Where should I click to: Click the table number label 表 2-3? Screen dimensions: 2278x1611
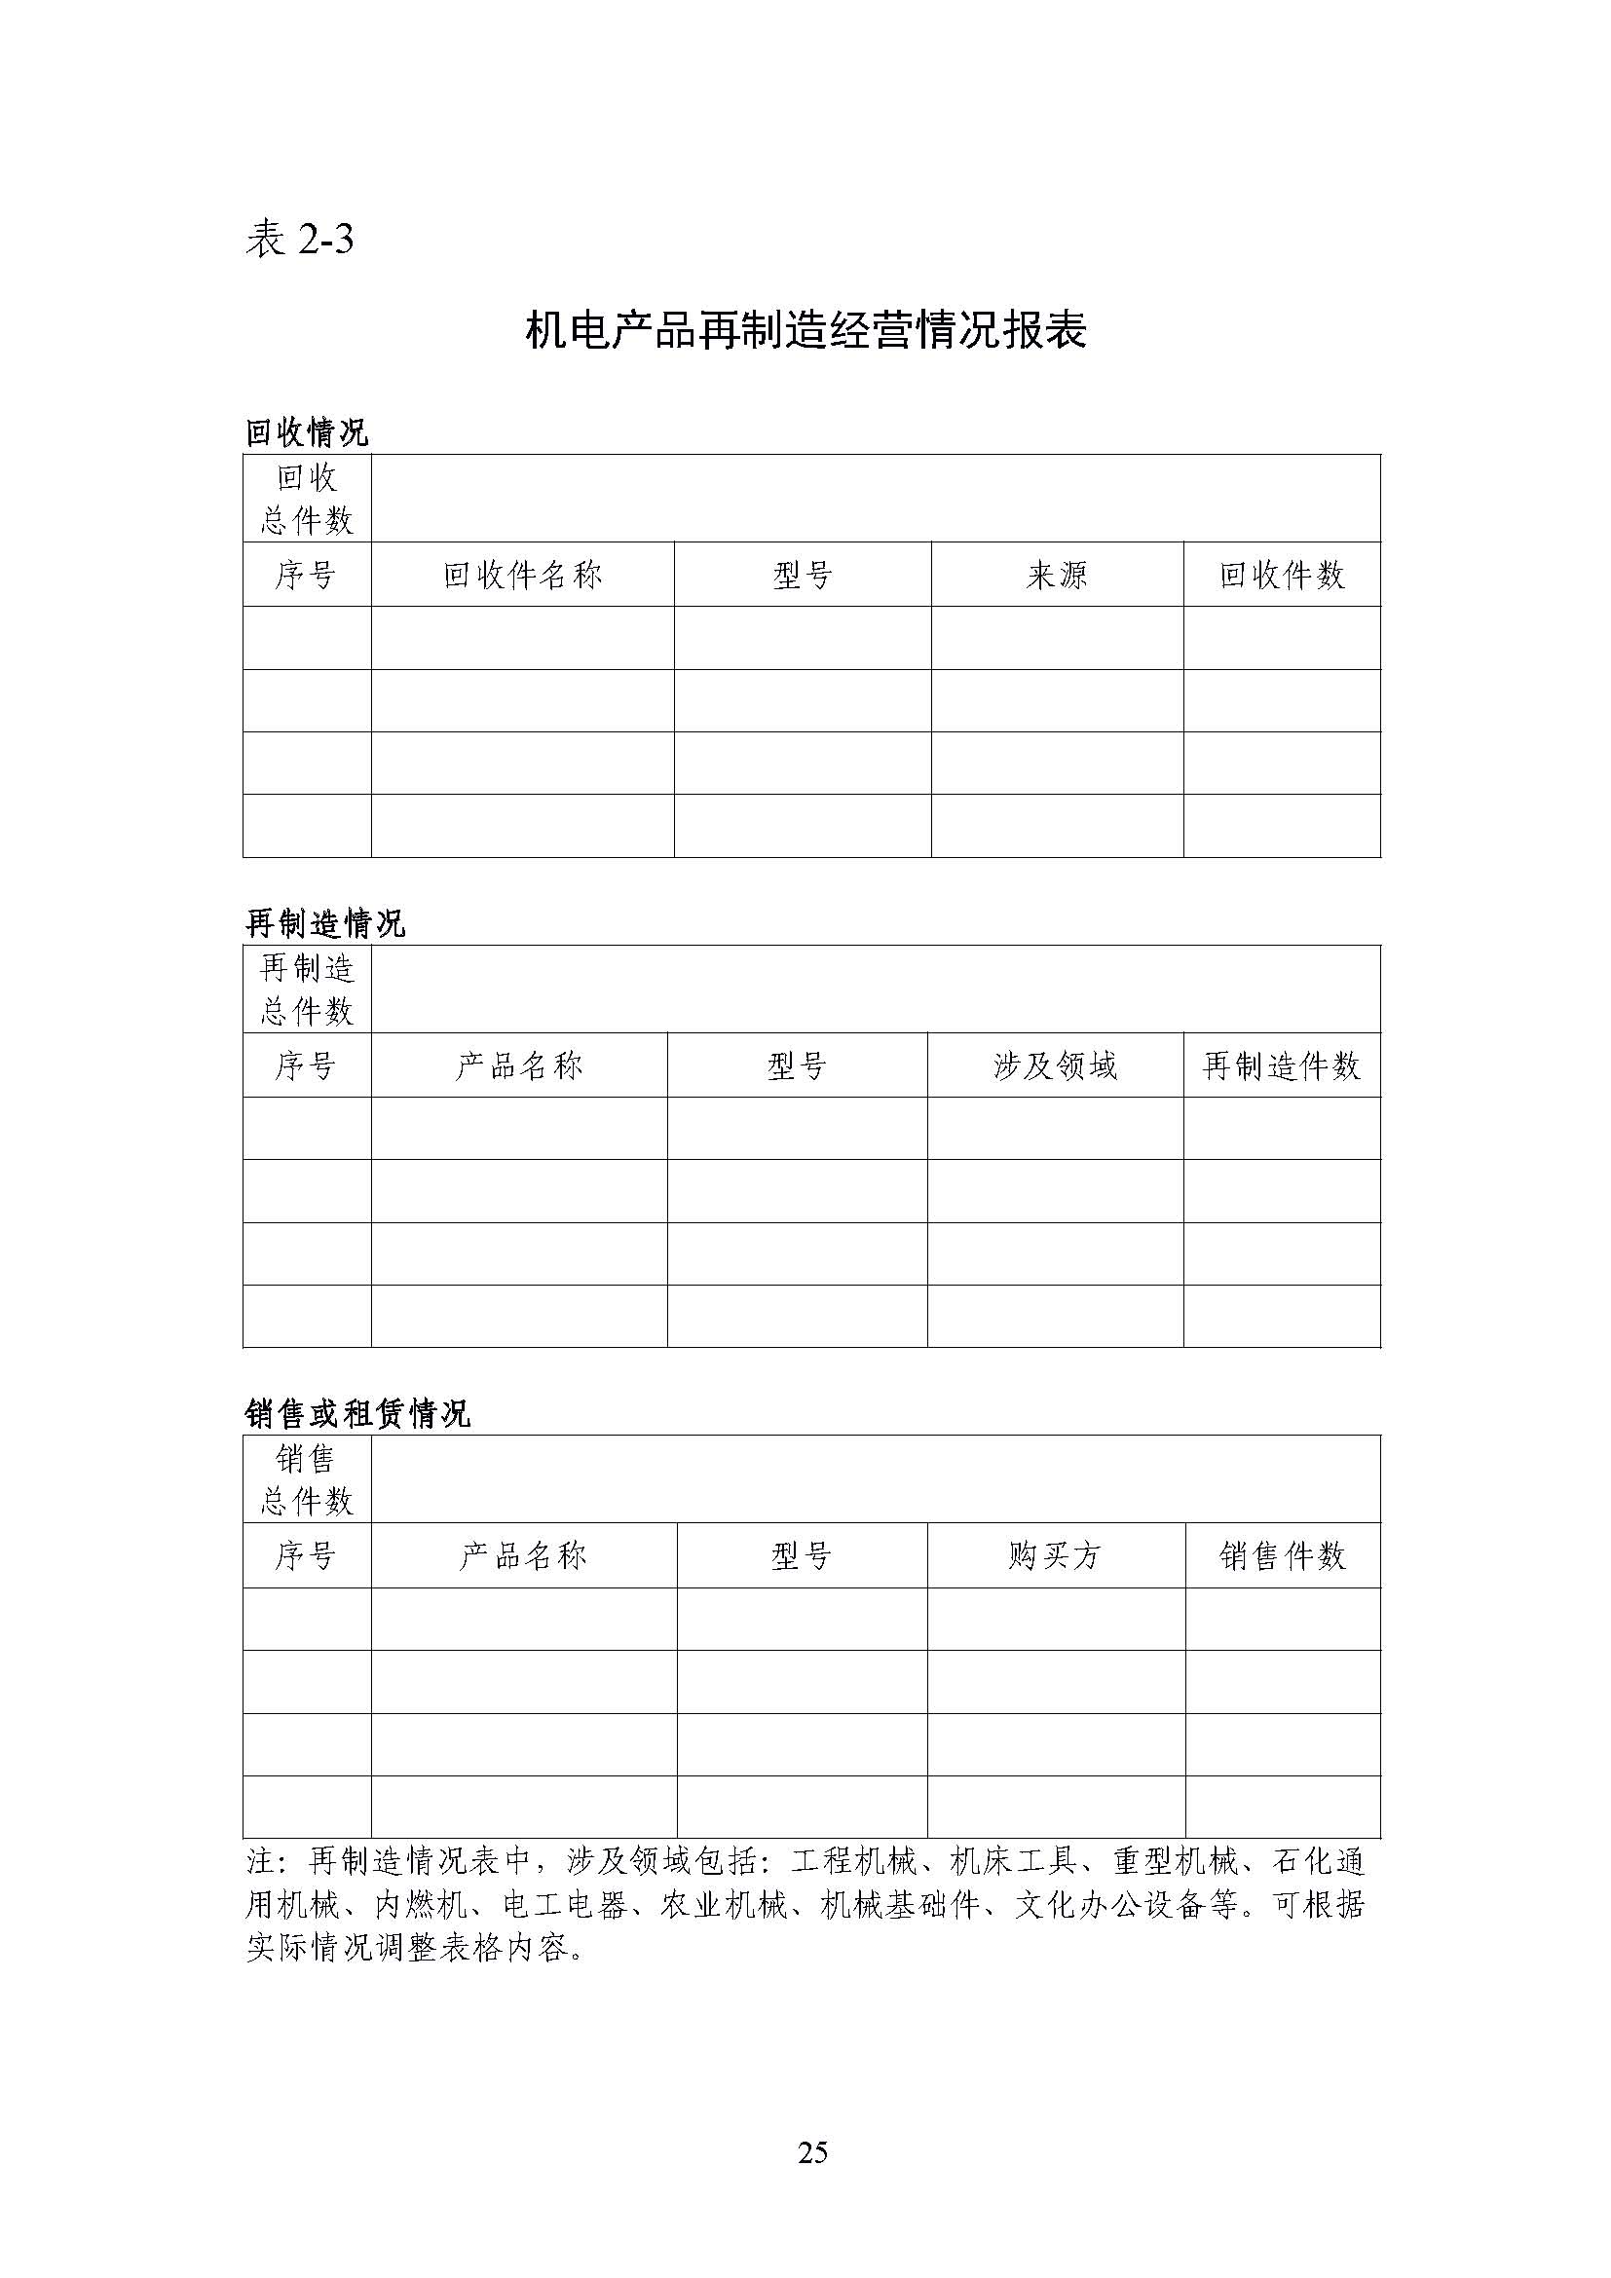(x=299, y=241)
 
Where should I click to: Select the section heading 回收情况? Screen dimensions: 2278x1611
(x=307, y=432)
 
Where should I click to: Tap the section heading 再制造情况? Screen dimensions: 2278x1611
(x=324, y=923)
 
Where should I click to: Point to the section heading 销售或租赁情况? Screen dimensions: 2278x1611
(x=357, y=1413)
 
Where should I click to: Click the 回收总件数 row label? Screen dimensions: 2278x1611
(x=307, y=499)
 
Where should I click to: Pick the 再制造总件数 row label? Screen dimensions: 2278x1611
(x=307, y=990)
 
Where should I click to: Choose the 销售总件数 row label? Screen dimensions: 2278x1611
(x=307, y=1479)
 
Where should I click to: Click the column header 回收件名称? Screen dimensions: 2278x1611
(x=522, y=576)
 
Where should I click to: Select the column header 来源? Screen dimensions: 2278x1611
(x=1057, y=576)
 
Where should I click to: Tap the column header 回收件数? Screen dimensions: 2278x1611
(x=1281, y=576)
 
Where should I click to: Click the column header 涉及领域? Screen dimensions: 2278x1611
(x=1055, y=1066)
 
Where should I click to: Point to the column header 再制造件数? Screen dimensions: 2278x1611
(x=1281, y=1066)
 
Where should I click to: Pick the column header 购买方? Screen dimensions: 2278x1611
(x=1055, y=1555)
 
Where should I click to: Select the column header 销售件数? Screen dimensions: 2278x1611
(x=1282, y=1555)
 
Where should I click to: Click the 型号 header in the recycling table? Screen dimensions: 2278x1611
(x=802, y=576)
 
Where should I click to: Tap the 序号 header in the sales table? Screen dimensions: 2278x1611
(x=306, y=1555)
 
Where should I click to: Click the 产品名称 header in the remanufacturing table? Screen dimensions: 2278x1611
(x=519, y=1066)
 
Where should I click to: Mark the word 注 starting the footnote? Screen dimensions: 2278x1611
(x=260, y=1861)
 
